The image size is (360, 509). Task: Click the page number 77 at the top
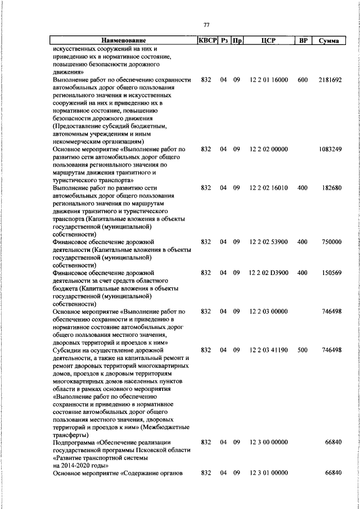pyautogui.click(x=206, y=25)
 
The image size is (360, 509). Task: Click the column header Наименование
pyautogui.click(x=123, y=40)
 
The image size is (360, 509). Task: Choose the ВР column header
pyautogui.click(x=303, y=40)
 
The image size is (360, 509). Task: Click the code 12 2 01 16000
pyautogui.click(x=269, y=80)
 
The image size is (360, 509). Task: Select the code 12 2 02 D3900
pyautogui.click(x=268, y=273)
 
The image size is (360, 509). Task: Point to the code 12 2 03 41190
pyautogui.click(x=269, y=350)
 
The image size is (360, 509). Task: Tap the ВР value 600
pyautogui.click(x=303, y=80)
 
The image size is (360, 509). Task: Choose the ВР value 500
pyautogui.click(x=303, y=350)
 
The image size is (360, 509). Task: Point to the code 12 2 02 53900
pyautogui.click(x=269, y=242)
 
